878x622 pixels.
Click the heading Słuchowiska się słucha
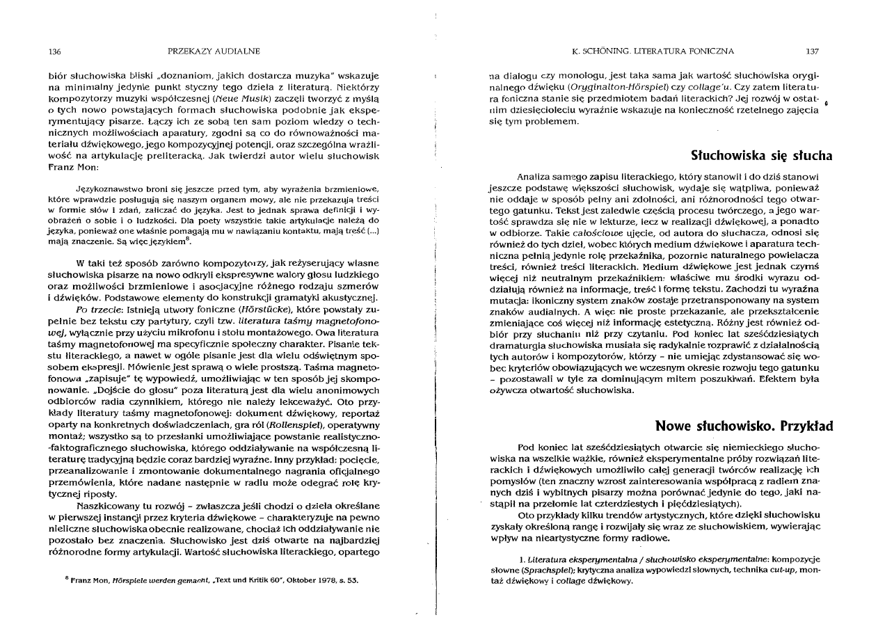tap(761, 155)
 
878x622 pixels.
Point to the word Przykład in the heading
tap(806, 425)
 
